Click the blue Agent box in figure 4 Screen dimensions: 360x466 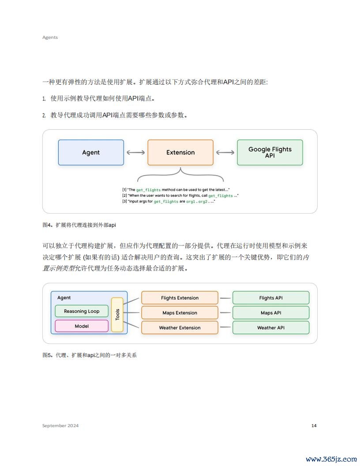(x=91, y=152)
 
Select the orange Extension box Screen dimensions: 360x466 (x=180, y=152)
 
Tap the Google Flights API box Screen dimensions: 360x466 (x=270, y=152)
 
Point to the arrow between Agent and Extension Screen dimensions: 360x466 (x=136, y=152)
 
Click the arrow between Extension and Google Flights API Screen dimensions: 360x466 (x=225, y=152)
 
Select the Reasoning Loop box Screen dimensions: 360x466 (x=82, y=311)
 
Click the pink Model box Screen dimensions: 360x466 (x=82, y=326)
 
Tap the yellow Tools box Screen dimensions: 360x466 (x=117, y=315)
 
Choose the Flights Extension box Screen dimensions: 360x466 (x=180, y=298)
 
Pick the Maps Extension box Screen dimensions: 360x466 (x=180, y=312)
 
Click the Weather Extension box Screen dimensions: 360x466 (x=180, y=327)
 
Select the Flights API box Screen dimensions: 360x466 (x=271, y=298)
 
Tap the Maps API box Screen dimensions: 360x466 (x=271, y=312)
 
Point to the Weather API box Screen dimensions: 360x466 (x=271, y=327)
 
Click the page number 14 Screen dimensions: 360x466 (x=314, y=425)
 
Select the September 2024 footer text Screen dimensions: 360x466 (x=60, y=425)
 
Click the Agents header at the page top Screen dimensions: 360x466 (x=50, y=37)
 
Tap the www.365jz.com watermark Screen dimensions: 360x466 (x=331, y=459)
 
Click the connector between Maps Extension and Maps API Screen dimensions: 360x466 (x=225, y=312)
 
